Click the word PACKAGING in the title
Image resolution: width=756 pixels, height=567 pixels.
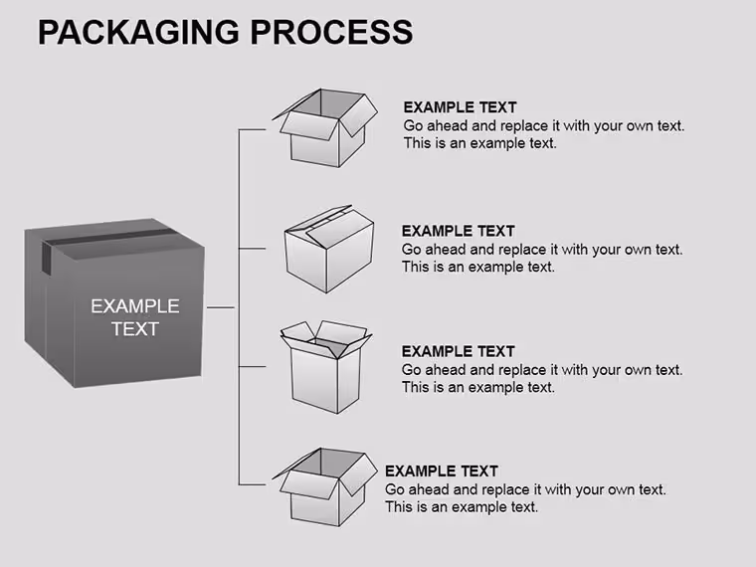point(138,32)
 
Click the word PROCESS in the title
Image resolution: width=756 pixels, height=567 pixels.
point(331,32)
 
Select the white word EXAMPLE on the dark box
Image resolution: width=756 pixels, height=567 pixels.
point(135,306)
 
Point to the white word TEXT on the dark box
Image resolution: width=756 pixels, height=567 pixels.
point(135,329)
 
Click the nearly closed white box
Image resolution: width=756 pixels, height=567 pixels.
point(329,249)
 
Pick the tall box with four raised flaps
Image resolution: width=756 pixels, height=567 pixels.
point(326,367)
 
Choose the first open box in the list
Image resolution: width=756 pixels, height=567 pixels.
point(325,127)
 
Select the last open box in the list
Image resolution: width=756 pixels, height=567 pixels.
point(325,487)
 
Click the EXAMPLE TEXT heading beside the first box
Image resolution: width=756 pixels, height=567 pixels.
point(460,107)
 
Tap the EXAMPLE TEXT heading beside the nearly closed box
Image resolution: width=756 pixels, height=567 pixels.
point(458,231)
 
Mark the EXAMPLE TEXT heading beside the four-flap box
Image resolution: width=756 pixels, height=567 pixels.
point(458,351)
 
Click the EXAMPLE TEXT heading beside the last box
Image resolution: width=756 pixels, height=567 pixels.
point(441,472)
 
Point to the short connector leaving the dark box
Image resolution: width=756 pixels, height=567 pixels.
point(221,307)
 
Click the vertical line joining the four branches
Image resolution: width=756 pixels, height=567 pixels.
point(239,307)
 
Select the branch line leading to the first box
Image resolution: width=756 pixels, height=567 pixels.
point(252,129)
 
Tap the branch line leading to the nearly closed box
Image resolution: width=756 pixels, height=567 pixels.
point(252,249)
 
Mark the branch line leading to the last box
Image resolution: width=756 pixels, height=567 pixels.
point(252,484)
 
